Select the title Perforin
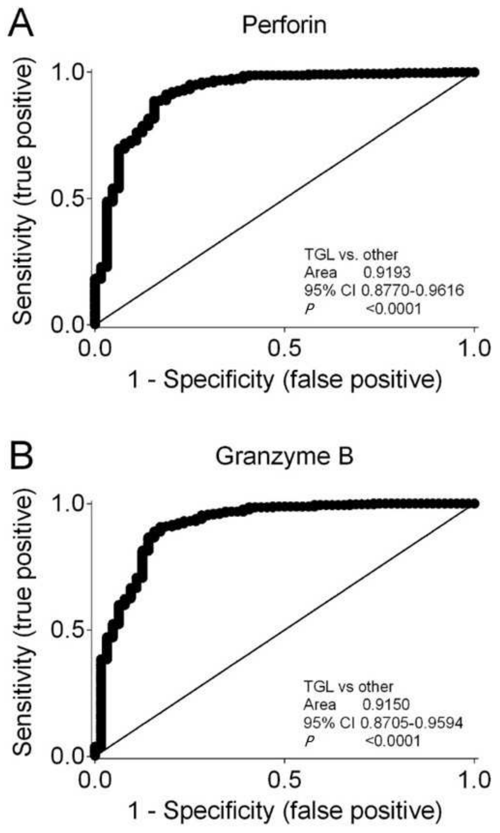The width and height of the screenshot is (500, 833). [284, 26]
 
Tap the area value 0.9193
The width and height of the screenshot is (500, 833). [386, 272]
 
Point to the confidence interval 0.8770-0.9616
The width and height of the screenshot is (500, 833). [412, 290]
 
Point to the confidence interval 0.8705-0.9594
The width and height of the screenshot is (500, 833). [411, 722]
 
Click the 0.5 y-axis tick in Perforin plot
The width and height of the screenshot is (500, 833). [67, 198]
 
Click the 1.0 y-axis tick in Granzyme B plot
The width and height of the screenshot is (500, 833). [67, 504]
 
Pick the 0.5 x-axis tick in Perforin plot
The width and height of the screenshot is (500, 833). [284, 349]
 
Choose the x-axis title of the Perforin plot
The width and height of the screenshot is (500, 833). [285, 380]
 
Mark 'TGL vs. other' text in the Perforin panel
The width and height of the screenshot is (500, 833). [351, 255]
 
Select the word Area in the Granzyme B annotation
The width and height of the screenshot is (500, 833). [320, 704]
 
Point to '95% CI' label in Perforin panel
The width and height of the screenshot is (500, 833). [330, 290]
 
